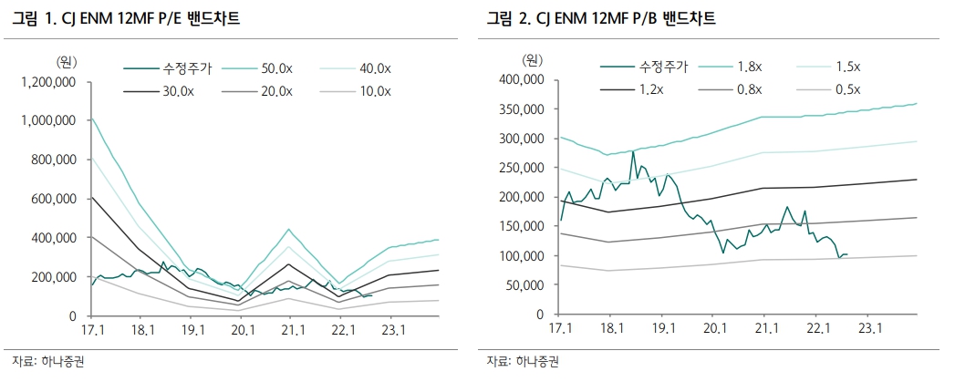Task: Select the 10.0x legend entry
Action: click(x=373, y=90)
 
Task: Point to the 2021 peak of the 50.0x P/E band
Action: click(x=288, y=229)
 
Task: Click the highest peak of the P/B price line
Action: click(x=632, y=151)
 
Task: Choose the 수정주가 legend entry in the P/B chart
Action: click(x=663, y=67)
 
